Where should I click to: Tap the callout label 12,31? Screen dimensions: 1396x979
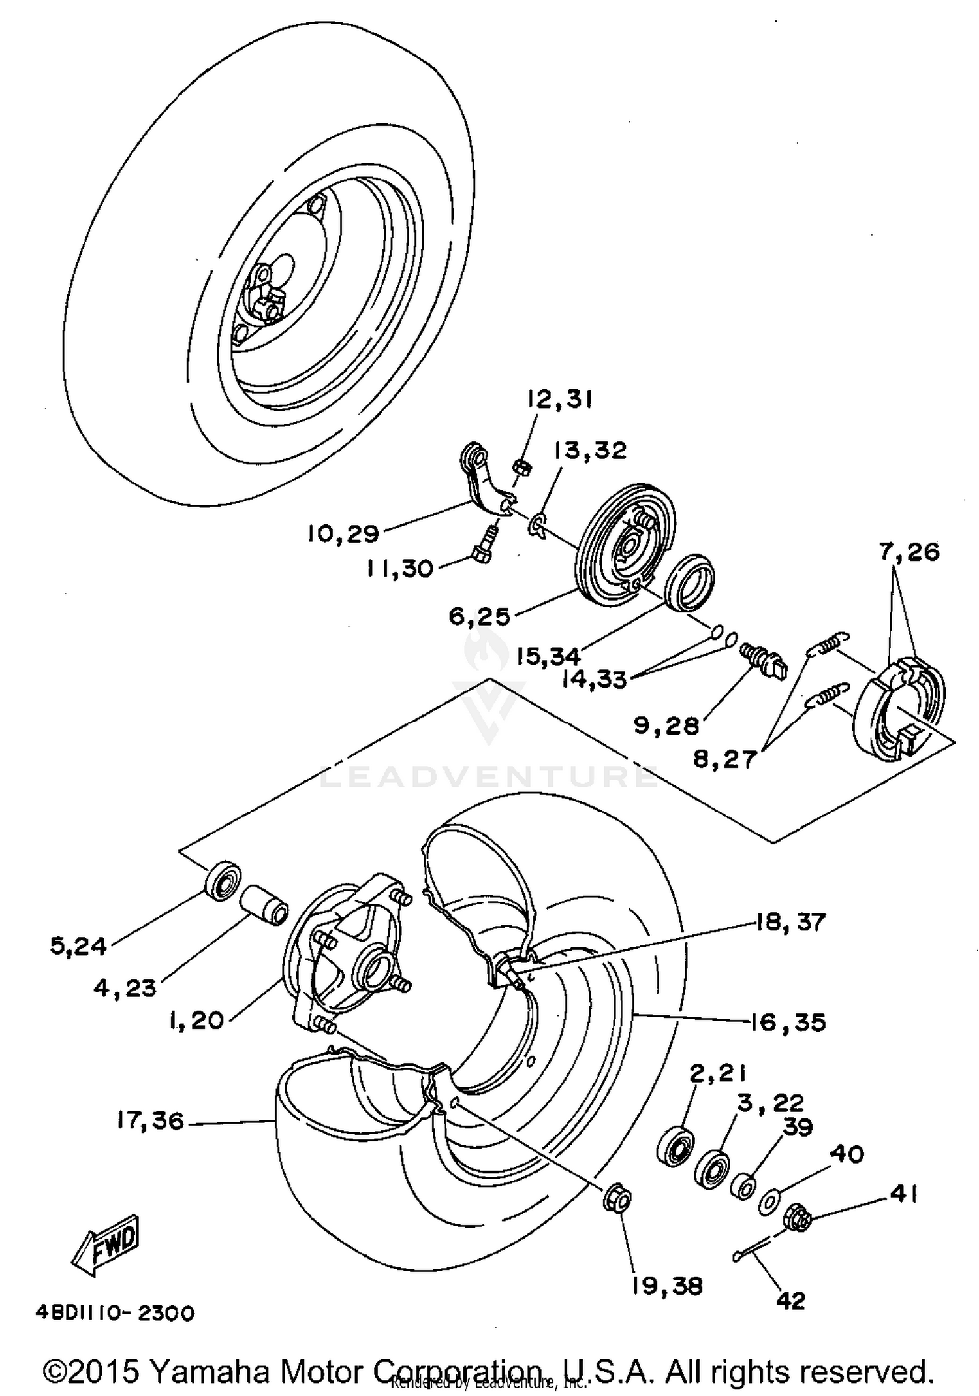pos(558,400)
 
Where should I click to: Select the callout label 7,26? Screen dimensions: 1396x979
pos(909,552)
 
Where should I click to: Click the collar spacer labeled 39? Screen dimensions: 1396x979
pos(742,1184)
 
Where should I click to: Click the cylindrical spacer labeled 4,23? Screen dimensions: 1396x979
pos(264,905)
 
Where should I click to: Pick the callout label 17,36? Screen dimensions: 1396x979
pos(150,1121)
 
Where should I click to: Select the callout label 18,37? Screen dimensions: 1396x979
pos(790,923)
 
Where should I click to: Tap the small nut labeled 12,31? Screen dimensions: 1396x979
pos(522,466)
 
